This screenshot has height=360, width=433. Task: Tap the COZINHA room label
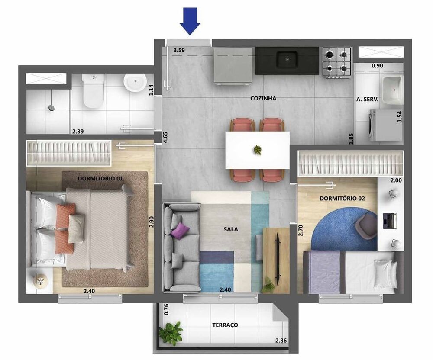click(263, 98)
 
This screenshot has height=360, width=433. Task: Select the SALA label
click(231, 230)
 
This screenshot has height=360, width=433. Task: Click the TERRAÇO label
click(225, 325)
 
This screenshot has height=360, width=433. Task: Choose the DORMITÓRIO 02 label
click(343, 199)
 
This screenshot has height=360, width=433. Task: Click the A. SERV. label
click(367, 99)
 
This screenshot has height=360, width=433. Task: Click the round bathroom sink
click(135, 82)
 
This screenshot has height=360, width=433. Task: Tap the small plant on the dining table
click(258, 150)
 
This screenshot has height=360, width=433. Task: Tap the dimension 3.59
click(179, 50)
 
